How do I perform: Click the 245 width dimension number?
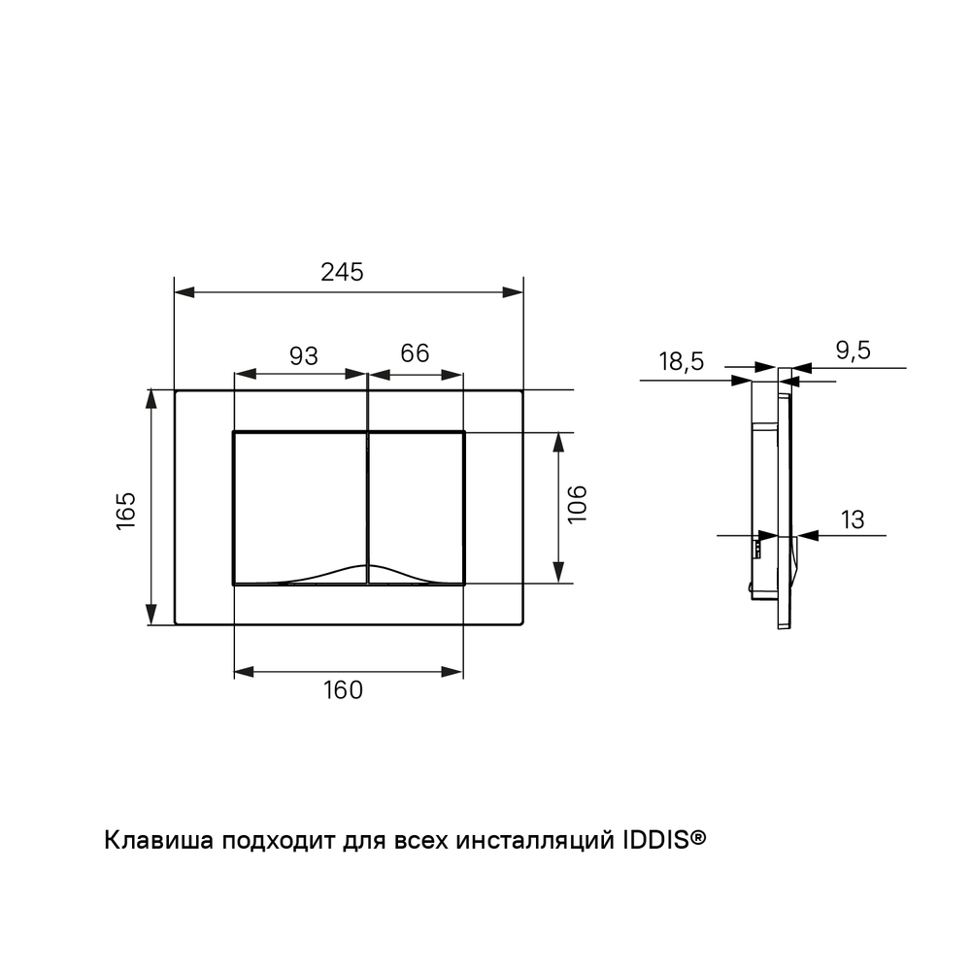pyautogui.click(x=342, y=272)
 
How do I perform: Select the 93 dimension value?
pyautogui.click(x=303, y=356)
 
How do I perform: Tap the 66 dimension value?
pyautogui.click(x=415, y=353)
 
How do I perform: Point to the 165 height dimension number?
pyautogui.click(x=125, y=511)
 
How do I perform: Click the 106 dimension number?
pyautogui.click(x=577, y=504)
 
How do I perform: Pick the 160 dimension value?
pyautogui.click(x=343, y=689)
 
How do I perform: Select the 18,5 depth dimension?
pyautogui.click(x=682, y=361)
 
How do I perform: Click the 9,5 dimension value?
pyautogui.click(x=854, y=351)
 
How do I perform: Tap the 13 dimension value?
pyautogui.click(x=853, y=519)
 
